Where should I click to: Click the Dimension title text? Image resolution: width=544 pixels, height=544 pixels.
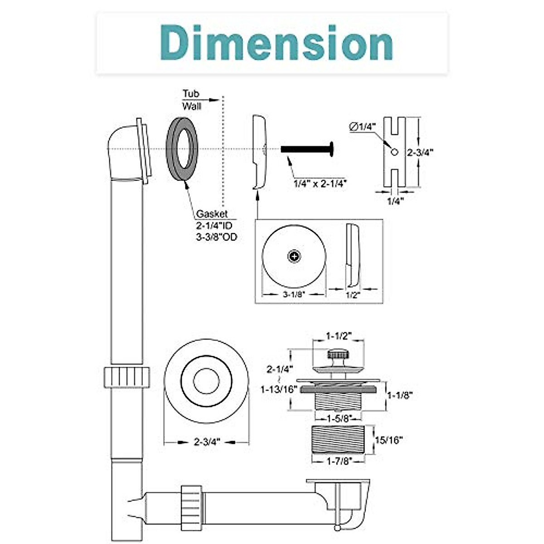(x=272, y=43)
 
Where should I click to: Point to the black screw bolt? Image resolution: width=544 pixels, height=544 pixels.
(x=306, y=149)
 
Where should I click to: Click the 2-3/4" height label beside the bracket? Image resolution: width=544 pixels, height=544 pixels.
(x=420, y=153)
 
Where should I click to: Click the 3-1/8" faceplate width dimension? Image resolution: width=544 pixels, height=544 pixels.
(x=294, y=294)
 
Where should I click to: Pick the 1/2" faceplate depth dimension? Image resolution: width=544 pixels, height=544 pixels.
(x=352, y=295)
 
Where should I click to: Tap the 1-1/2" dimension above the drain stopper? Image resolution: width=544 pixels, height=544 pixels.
(x=339, y=336)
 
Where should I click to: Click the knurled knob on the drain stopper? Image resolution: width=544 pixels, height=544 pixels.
(x=336, y=354)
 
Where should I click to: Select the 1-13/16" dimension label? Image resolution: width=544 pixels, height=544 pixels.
(x=278, y=389)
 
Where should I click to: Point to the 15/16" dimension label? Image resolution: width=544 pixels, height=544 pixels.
(x=389, y=440)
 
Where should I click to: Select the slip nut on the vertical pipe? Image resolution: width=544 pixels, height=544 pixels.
(x=126, y=377)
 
